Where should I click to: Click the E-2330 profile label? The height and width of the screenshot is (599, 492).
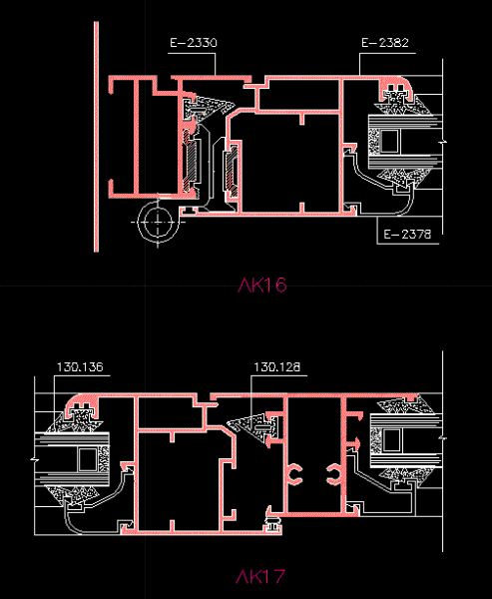coord(194,42)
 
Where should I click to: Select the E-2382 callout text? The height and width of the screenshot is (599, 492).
coord(385,42)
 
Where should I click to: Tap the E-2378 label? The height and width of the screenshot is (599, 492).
coord(407,234)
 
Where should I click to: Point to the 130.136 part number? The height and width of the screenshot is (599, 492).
coord(80,367)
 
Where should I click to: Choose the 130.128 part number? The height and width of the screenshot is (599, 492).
coord(277,367)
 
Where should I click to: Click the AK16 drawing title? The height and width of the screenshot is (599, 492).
coord(262,285)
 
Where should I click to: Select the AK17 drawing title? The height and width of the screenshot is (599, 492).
coord(260,577)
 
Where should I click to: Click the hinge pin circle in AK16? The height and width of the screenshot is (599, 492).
coord(158,223)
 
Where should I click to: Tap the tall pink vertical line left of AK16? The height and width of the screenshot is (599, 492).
coord(96,137)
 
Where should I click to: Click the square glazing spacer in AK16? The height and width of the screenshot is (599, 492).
coord(389,142)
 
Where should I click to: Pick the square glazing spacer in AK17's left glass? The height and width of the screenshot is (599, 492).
coord(88,460)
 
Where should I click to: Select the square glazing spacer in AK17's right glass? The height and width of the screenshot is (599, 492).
coord(392,440)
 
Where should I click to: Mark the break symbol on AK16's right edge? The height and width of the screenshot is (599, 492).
coord(443,143)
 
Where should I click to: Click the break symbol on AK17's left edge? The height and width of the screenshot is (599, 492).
coord(34,460)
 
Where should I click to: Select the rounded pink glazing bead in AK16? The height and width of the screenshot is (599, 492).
coord(396,89)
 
